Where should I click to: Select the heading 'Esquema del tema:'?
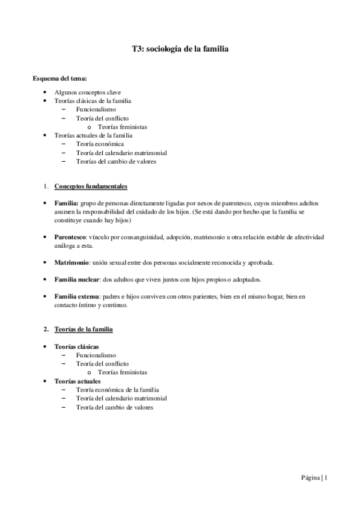[59, 79]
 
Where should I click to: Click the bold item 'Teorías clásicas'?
[77, 348]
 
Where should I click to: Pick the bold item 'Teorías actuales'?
[78, 381]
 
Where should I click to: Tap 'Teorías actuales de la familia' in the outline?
[93, 135]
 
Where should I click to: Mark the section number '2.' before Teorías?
[46, 330]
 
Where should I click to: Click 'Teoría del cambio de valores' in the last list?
[115, 407]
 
